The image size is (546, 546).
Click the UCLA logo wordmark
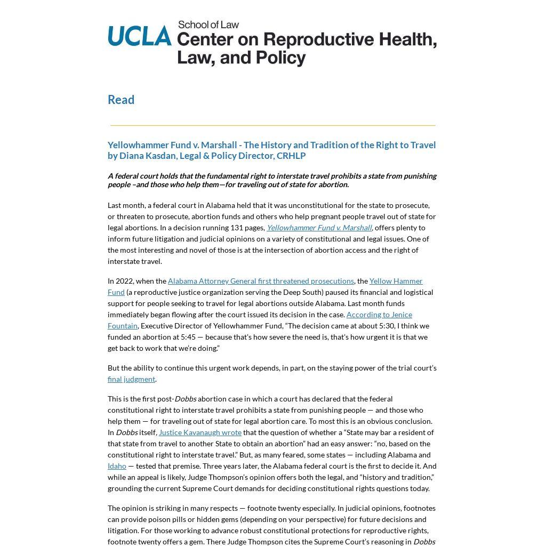coord(140,36)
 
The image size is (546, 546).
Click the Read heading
coord(121,100)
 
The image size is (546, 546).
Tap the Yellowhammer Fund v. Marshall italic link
coord(319,228)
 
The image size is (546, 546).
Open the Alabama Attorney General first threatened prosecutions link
coord(261,281)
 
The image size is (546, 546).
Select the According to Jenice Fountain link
coord(379,315)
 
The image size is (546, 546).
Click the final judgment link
coord(131,379)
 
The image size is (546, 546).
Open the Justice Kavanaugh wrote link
coord(200,432)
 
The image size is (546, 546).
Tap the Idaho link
coord(117,466)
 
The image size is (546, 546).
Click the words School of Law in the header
coord(208,25)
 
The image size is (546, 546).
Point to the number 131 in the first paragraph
coord(237,228)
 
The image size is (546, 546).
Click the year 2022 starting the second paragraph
coord(125,281)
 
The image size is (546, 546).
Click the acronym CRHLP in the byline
coord(291,156)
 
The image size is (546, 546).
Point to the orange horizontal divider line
coord(272,125)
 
